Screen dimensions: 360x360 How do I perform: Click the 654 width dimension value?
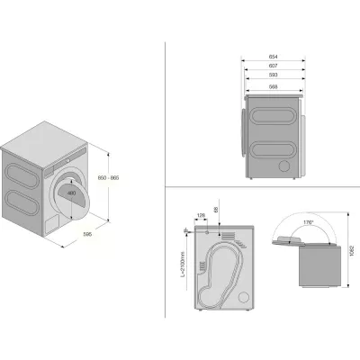(x=272, y=57)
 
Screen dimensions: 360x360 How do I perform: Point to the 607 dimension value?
(x=272, y=66)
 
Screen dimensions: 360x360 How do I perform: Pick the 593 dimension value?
(x=272, y=76)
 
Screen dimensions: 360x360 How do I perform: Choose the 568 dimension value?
(x=272, y=85)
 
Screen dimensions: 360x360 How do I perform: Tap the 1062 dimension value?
(x=343, y=252)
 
